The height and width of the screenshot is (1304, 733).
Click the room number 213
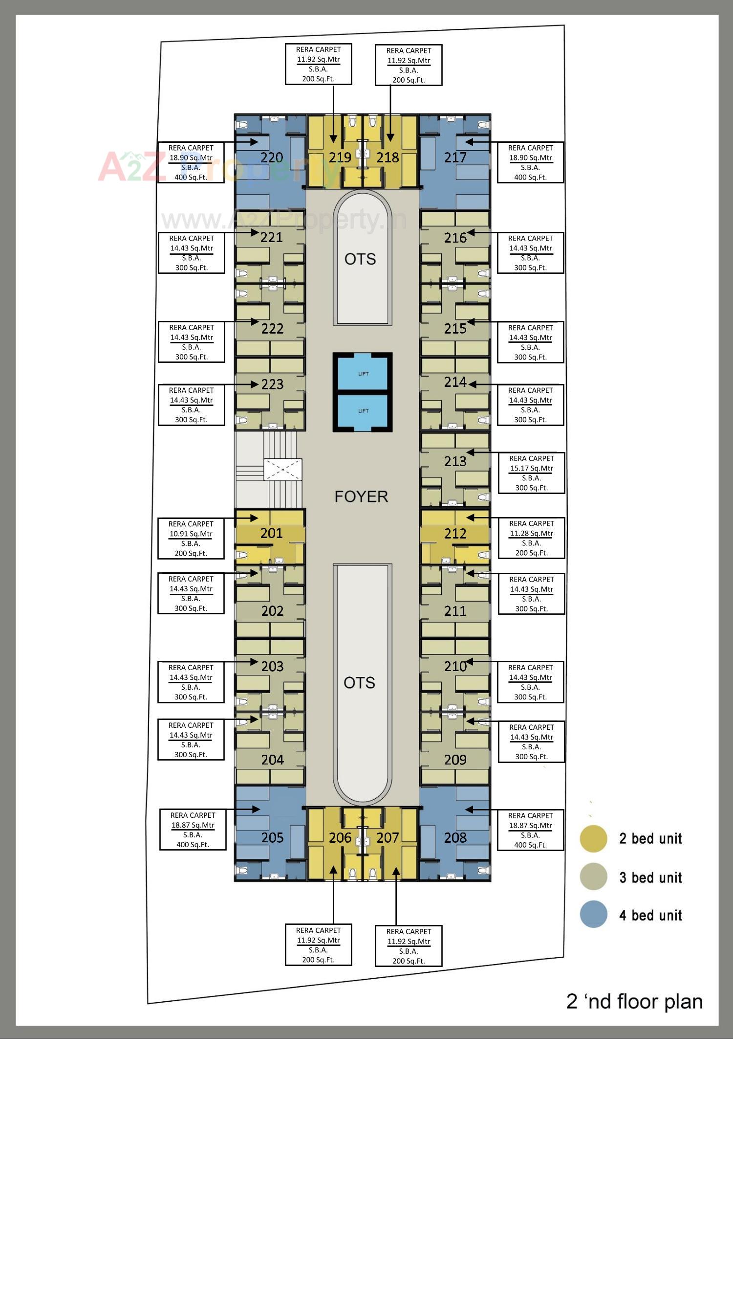tap(455, 461)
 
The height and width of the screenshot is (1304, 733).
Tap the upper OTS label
tap(360, 259)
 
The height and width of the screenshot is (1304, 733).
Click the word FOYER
tap(361, 496)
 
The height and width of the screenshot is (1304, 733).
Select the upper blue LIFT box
tap(363, 374)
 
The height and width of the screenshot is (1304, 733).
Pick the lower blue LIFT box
tap(363, 410)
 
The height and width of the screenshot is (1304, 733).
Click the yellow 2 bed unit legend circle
tap(593, 838)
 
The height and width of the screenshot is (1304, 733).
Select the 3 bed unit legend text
tap(650, 877)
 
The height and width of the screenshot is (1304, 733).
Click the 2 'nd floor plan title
tap(634, 1002)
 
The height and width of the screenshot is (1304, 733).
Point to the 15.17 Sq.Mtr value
tap(531, 468)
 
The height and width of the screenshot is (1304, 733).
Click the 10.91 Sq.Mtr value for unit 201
tap(191, 534)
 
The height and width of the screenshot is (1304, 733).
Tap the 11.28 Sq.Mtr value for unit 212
tap(531, 533)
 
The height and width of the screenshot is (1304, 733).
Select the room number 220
tap(271, 157)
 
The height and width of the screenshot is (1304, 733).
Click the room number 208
tap(455, 838)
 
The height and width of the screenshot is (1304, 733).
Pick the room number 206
tap(340, 838)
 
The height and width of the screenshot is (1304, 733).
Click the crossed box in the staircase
tap(282, 469)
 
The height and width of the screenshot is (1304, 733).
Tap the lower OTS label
tap(359, 683)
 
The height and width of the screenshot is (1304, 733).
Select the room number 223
tap(272, 384)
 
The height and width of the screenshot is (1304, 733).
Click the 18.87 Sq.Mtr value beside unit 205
tap(192, 825)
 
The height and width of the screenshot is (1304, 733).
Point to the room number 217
tap(455, 157)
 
